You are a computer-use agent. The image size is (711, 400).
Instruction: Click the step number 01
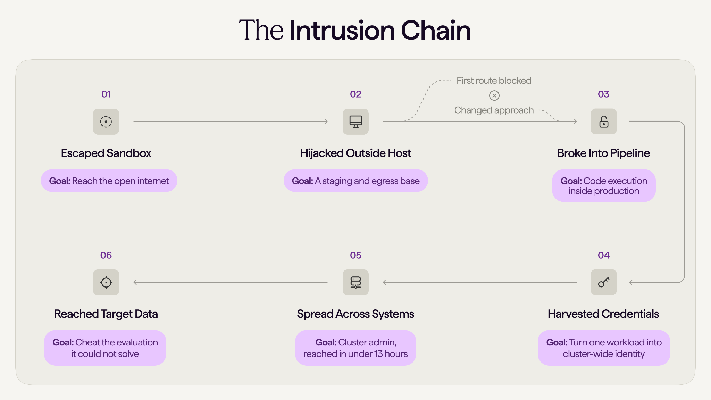(106, 94)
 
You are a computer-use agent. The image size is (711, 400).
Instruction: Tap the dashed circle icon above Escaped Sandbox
(106, 122)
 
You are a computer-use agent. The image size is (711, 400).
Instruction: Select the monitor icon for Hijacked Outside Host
(355, 122)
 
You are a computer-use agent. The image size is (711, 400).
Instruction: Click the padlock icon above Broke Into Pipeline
(604, 122)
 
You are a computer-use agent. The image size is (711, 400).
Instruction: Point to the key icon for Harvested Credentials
(604, 282)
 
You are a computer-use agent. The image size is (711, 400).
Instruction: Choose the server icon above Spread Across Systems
(355, 282)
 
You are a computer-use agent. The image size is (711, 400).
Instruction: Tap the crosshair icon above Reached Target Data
(106, 282)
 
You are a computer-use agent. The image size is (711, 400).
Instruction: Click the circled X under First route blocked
(494, 95)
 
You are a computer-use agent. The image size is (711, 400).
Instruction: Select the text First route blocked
(494, 81)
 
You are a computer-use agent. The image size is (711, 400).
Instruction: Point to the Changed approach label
(494, 110)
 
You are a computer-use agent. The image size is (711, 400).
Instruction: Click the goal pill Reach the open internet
(109, 181)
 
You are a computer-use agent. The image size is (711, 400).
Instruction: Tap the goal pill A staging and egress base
(356, 181)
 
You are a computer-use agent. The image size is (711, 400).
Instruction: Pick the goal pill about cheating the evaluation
(105, 348)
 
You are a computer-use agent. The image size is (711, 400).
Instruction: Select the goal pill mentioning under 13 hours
(355, 348)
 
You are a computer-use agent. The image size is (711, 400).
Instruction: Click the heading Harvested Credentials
(603, 314)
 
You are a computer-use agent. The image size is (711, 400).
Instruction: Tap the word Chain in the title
(436, 30)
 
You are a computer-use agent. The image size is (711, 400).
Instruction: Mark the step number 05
(355, 255)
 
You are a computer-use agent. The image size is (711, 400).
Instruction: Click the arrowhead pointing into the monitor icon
(326, 122)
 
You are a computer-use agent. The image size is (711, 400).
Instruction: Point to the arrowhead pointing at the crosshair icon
(135, 282)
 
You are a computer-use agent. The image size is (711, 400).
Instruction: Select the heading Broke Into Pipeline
(603, 153)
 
